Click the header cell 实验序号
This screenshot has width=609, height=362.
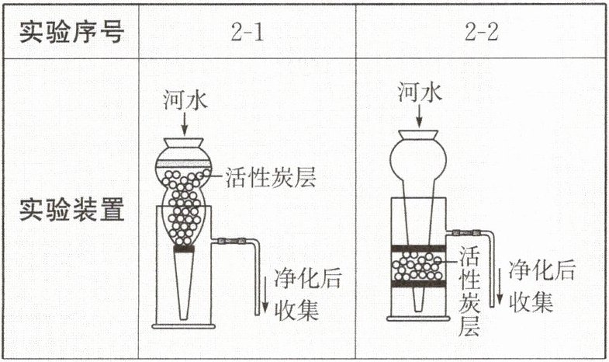pyautogui.click(x=71, y=32)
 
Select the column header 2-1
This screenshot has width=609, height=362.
pyautogui.click(x=247, y=32)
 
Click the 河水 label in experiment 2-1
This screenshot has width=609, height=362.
pyautogui.click(x=184, y=99)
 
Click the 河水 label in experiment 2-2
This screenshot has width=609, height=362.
pyautogui.click(x=419, y=93)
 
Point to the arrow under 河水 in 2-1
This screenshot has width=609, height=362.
pyautogui.click(x=184, y=125)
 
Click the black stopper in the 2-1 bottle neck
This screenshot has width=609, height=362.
pyautogui.click(x=184, y=250)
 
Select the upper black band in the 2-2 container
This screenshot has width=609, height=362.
pyautogui.click(x=419, y=249)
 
